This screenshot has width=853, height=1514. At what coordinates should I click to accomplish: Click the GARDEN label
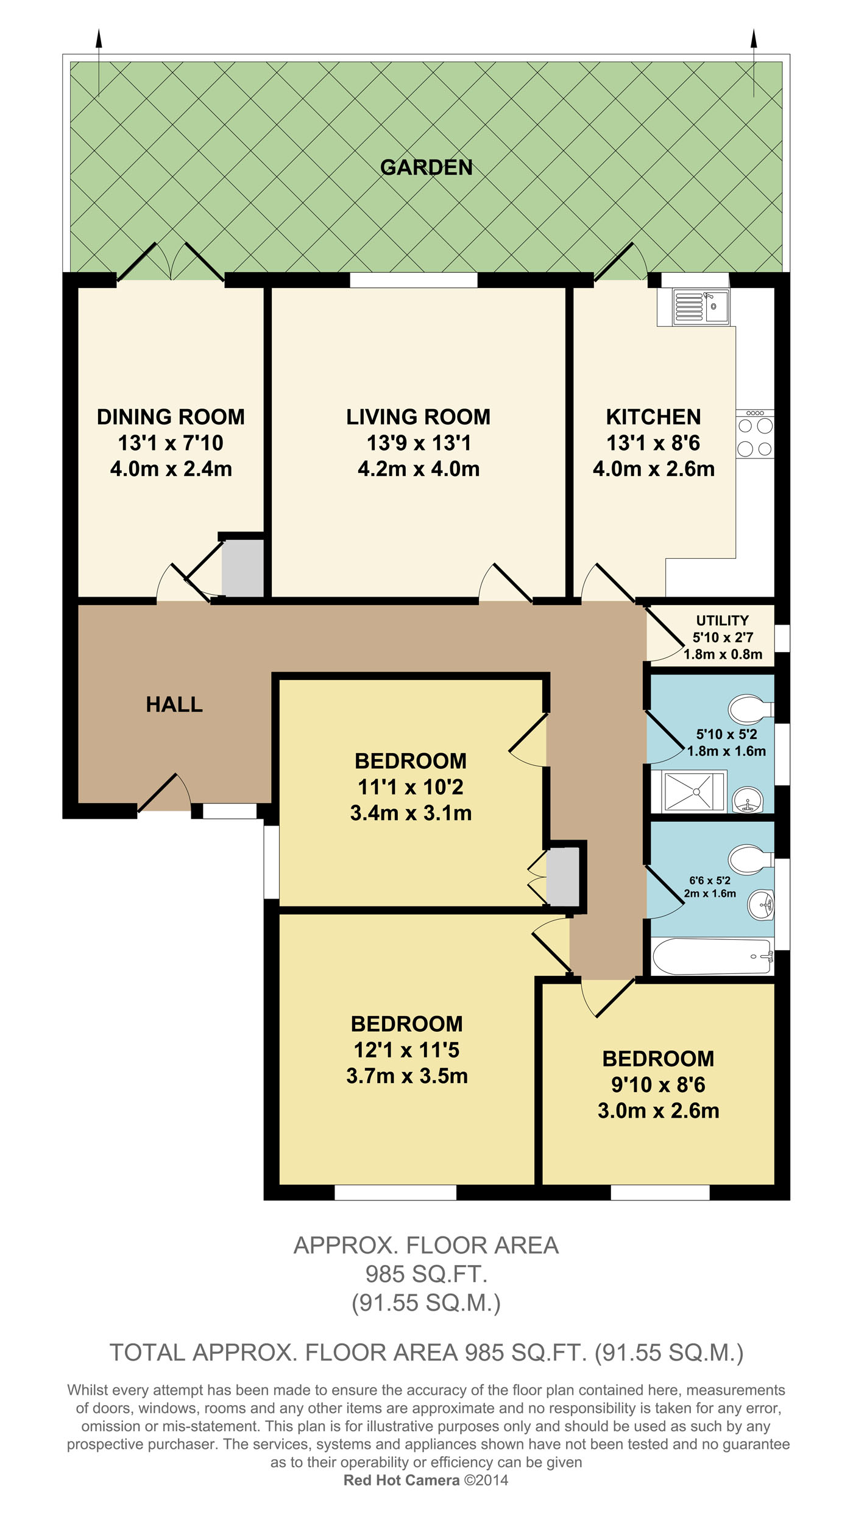pos(426,167)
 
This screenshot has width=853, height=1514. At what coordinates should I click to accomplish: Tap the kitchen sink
pos(701,307)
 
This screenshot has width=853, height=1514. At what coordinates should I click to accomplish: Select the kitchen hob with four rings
pos(755,434)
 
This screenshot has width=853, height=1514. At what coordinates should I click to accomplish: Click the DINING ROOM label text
pos(171,417)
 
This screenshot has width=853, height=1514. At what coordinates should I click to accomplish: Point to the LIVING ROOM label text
pos(419,417)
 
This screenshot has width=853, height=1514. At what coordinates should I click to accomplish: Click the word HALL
pos(174,704)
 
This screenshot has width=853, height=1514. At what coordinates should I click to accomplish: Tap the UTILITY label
pos(723,620)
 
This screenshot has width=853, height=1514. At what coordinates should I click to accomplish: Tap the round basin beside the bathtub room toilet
pos(761,905)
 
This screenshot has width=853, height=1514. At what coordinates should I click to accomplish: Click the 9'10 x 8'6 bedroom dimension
pos(658,1085)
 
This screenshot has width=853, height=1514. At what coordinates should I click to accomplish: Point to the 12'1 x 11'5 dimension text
pos(406,1050)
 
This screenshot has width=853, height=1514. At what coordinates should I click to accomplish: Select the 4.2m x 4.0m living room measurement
pos(419,469)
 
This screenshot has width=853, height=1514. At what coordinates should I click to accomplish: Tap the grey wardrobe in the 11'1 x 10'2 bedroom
pos(562,877)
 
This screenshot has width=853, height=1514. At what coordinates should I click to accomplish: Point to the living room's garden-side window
pos(414,280)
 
